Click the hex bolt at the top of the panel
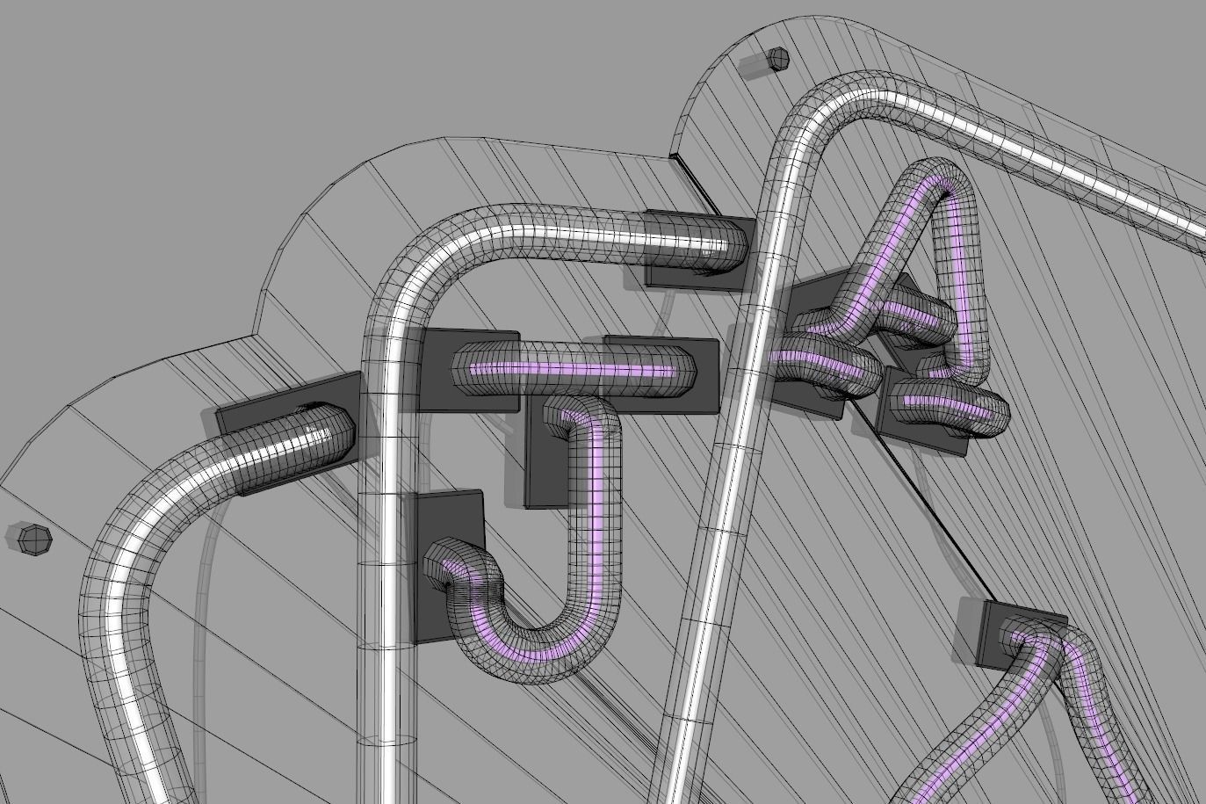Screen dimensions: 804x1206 (777, 60)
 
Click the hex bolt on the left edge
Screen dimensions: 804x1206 (33, 538)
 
